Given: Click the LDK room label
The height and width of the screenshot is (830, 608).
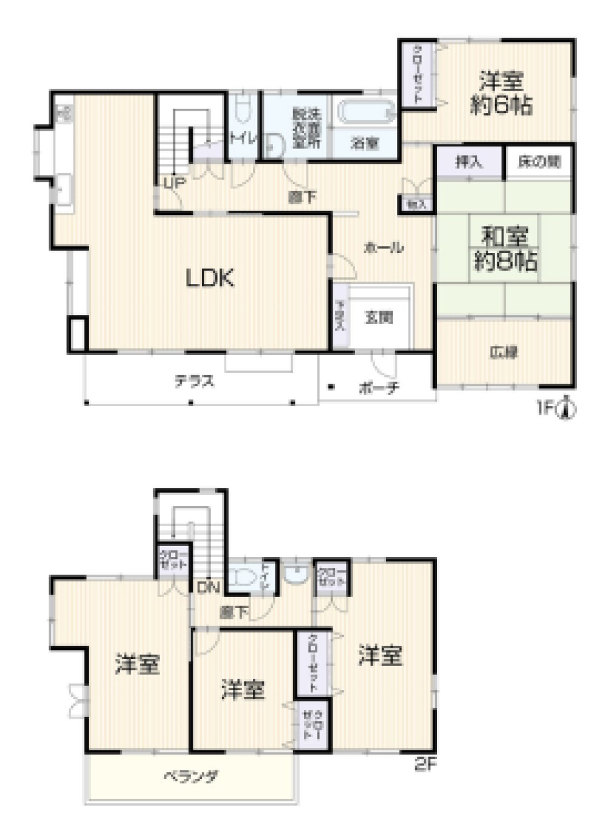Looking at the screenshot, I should click(210, 278).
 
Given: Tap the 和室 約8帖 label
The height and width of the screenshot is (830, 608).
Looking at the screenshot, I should click(505, 249).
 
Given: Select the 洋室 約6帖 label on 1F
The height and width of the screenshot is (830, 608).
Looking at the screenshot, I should click(502, 93).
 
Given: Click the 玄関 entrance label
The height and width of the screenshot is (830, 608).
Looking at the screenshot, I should click(379, 317).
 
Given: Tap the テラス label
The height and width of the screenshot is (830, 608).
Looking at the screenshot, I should click(195, 381).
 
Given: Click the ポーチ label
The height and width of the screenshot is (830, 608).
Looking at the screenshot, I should click(379, 387).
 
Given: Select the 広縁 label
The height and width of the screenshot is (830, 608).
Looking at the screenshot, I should click(504, 352).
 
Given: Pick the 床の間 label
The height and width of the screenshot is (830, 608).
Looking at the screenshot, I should click(539, 162).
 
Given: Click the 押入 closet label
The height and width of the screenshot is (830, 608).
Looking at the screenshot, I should click(469, 162).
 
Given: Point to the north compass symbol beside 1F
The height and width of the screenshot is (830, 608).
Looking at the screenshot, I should click(568, 409).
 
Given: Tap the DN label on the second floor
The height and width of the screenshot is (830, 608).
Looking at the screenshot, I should click(208, 587).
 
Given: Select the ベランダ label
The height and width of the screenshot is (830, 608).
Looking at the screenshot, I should click(190, 776).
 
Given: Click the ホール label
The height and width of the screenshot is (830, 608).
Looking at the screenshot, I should click(383, 247).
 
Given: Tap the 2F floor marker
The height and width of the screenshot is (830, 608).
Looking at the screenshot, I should click(426, 764).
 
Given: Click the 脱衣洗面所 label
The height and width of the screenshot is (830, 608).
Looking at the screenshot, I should click(306, 128).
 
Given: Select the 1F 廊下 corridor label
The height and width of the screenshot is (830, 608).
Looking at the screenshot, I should click(302, 197).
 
